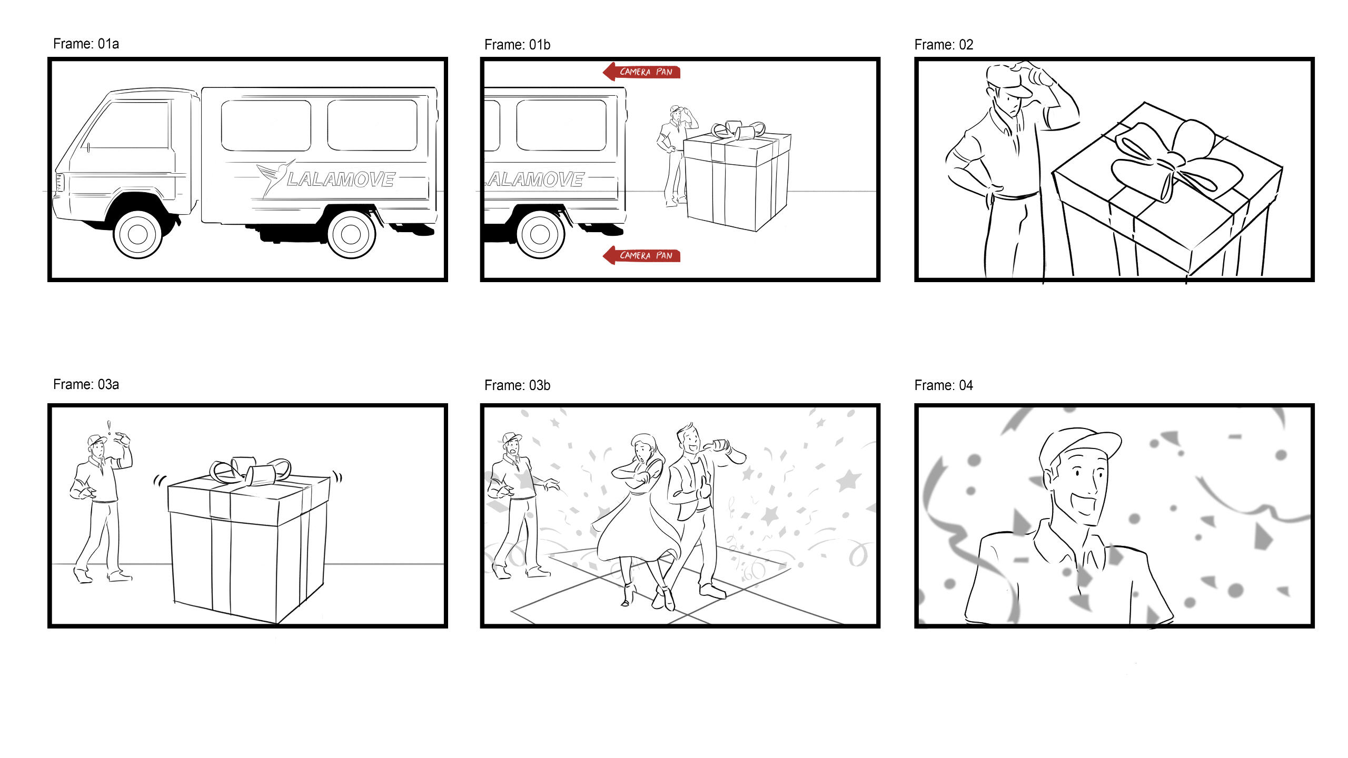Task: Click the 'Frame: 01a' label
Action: click(x=86, y=44)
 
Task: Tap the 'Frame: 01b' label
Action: click(x=517, y=45)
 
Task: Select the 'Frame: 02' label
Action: click(x=944, y=45)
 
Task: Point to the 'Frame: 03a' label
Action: click(x=86, y=384)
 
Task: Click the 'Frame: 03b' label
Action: click(x=517, y=385)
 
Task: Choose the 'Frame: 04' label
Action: click(x=944, y=385)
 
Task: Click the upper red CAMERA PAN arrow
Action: click(x=641, y=72)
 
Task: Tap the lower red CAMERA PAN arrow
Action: click(x=641, y=255)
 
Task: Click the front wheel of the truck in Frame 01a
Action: click(x=137, y=234)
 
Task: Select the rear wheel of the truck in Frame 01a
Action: click(x=351, y=234)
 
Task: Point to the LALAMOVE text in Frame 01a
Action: click(x=341, y=179)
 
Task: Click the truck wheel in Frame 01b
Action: click(x=540, y=234)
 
